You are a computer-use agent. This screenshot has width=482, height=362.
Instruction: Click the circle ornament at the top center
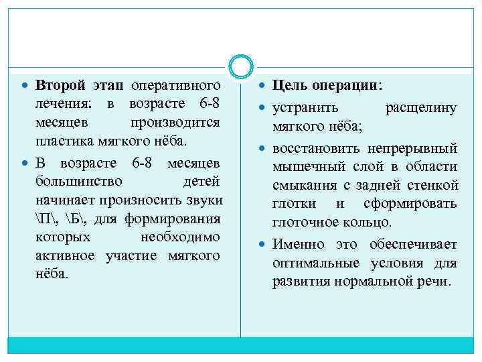(241, 66)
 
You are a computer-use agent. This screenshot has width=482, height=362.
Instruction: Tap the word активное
(67, 256)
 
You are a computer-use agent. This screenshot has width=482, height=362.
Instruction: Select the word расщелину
(421, 107)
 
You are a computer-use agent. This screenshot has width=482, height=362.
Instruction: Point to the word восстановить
(314, 147)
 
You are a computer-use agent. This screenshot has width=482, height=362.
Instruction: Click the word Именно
(295, 244)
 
